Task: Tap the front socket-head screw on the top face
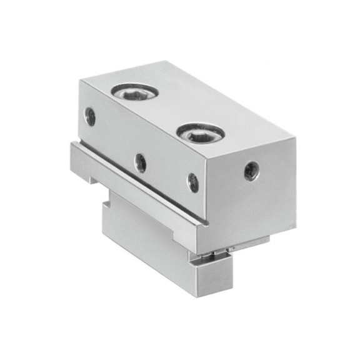pyautogui.click(x=200, y=132)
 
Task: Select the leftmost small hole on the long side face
pyautogui.click(x=91, y=116)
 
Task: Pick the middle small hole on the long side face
pyautogui.click(x=141, y=163)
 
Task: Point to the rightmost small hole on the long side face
pyautogui.click(x=194, y=182)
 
